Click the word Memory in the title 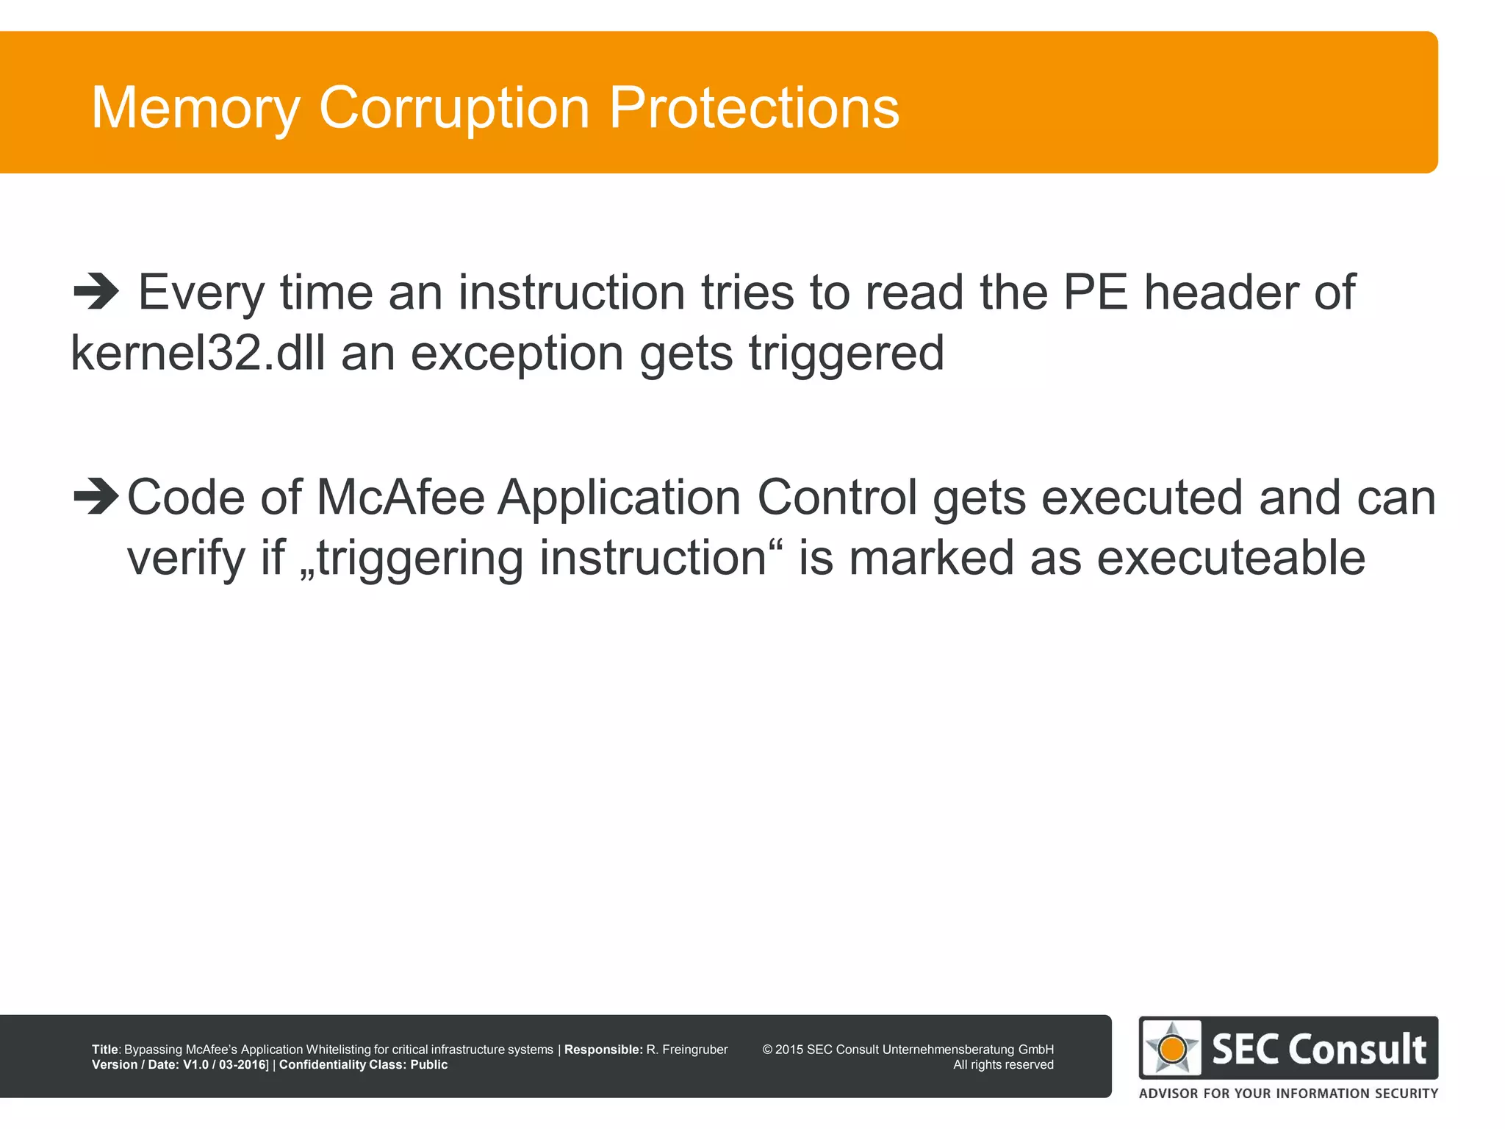[195, 108]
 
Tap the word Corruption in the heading [453, 108]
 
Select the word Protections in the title [754, 108]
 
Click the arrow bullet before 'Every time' [96, 293]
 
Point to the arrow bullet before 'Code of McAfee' [96, 497]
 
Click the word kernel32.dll [198, 353]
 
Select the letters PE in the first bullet [1096, 293]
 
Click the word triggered [846, 354]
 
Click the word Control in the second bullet [837, 498]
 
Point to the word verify [186, 558]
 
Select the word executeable [1231, 558]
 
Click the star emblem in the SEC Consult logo [1172, 1048]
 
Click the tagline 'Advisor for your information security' [1288, 1093]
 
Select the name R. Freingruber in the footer [686, 1050]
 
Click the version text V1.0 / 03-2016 [224, 1064]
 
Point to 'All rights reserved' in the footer [1003, 1064]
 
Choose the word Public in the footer [428, 1064]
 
